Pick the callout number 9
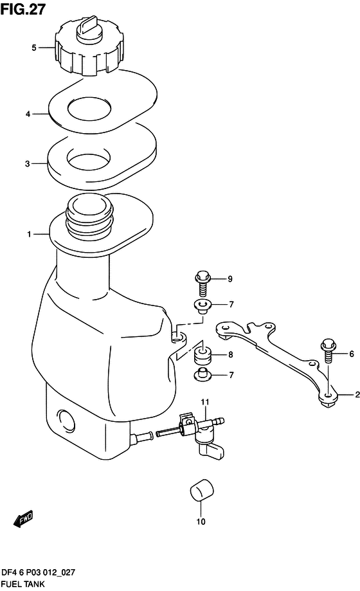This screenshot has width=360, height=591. (230, 279)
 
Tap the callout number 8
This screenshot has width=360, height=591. (230, 355)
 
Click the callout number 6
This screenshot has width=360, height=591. (352, 354)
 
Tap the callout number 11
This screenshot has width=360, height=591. (204, 403)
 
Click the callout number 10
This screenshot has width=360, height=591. (201, 522)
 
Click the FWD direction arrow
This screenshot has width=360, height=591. (24, 517)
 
